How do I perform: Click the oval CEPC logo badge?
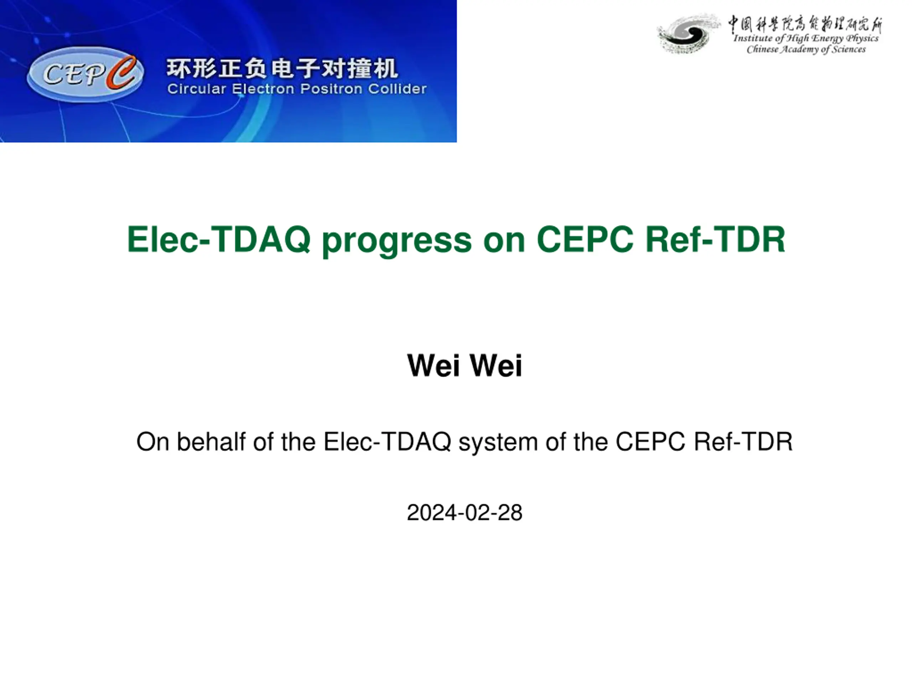[85, 74]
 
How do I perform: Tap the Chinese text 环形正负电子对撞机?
[283, 68]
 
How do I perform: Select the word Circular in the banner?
[197, 89]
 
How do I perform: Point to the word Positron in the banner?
[331, 89]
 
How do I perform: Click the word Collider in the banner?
[398, 89]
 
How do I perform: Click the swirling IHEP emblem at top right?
[688, 34]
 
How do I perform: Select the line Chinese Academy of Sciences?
[806, 50]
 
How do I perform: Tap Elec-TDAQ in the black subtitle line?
[387, 442]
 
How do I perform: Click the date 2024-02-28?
[465, 513]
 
